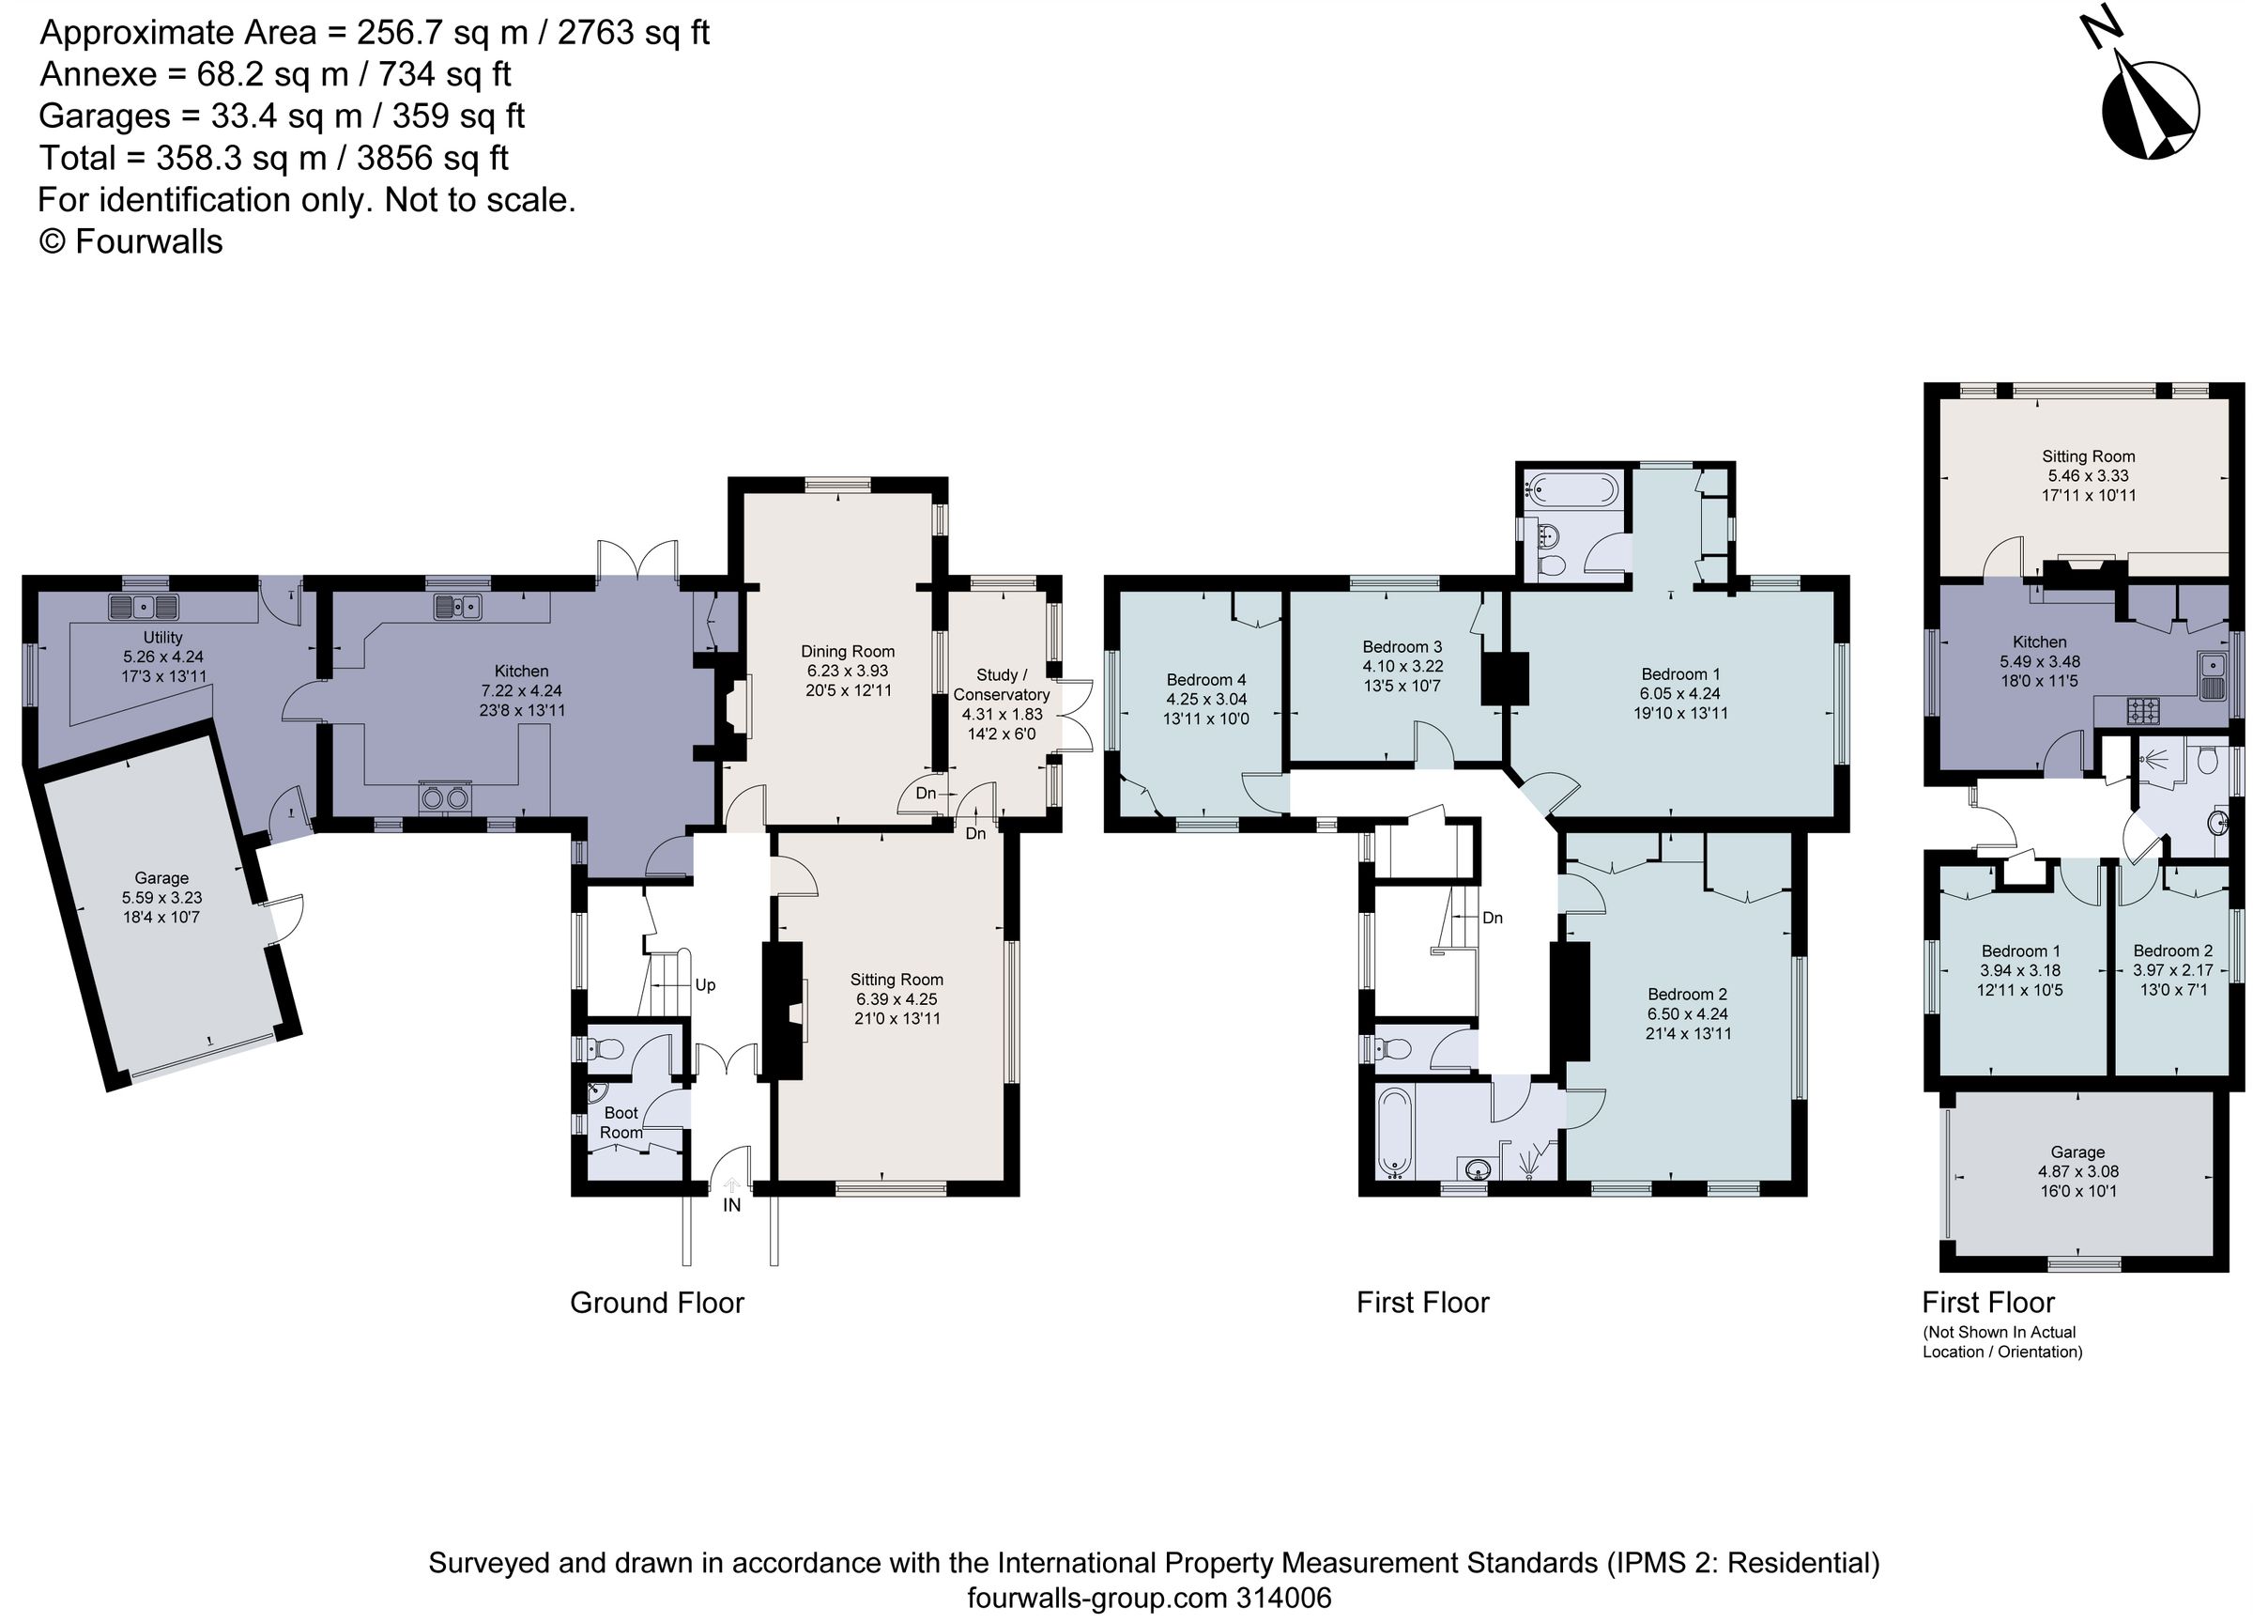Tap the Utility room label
163,637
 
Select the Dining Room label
848,651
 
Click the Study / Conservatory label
1001,685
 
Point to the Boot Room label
621,1123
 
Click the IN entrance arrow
732,1183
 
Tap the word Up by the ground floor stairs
704,985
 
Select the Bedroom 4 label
1206,680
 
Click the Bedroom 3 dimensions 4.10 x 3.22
1402,666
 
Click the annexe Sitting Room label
2088,456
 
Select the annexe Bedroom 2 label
2172,951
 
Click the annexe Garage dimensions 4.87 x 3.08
2078,1172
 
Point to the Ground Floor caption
656,1303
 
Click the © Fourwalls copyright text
131,241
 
